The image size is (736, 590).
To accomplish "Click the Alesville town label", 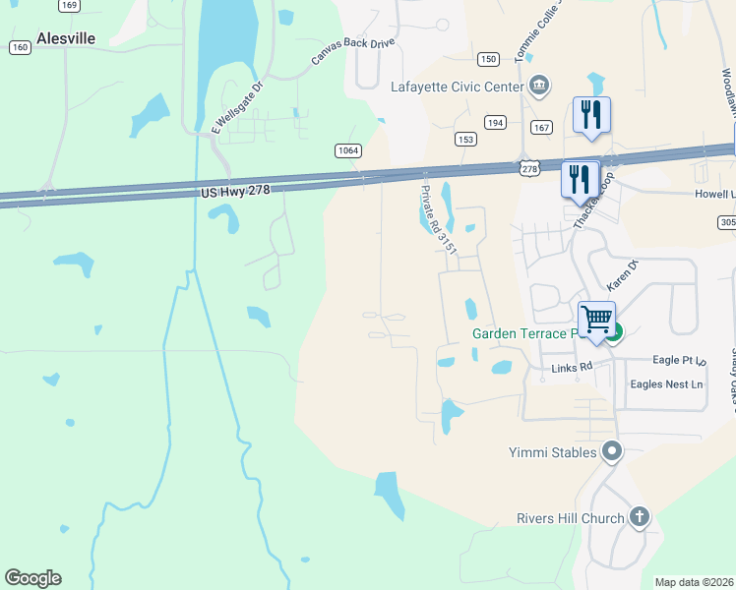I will [x=66, y=38].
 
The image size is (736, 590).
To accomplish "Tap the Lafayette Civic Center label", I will [x=457, y=87].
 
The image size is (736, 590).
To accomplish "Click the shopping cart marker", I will [x=596, y=320].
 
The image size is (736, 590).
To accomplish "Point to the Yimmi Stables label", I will [x=553, y=452].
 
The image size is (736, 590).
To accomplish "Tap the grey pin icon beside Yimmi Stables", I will [x=612, y=452].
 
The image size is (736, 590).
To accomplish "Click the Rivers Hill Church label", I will [x=571, y=518].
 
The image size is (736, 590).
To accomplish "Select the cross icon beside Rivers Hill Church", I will [x=639, y=517].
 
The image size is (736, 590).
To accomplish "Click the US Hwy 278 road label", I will [x=234, y=189].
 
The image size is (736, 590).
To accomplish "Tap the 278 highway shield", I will [x=529, y=169].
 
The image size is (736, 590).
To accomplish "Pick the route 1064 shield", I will [x=347, y=150].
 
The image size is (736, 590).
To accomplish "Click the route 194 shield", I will [x=495, y=122].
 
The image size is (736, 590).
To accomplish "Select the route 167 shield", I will [x=541, y=127].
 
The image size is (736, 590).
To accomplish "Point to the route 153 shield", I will [x=465, y=139].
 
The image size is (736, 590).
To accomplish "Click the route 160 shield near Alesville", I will [x=19, y=47].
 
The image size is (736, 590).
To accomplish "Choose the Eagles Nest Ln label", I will [x=667, y=384].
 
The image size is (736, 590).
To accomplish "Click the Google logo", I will [x=32, y=578].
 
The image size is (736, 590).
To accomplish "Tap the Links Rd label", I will [x=572, y=368].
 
